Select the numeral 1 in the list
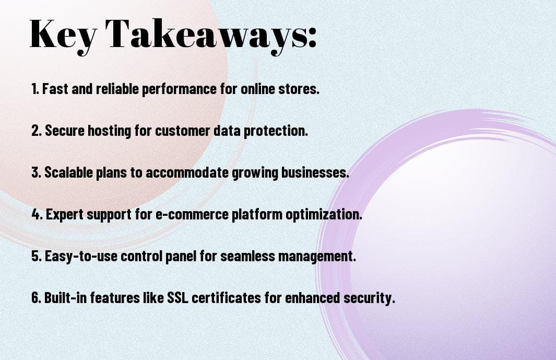(34, 89)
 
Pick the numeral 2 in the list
(36, 131)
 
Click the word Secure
(65, 131)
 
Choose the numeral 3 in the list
(36, 172)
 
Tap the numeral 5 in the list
(36, 257)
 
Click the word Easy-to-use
(81, 257)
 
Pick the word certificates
(226, 298)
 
